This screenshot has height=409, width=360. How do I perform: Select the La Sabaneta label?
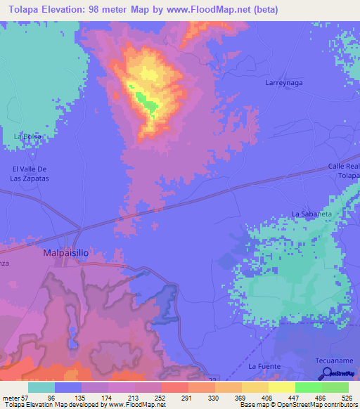click(x=311, y=213)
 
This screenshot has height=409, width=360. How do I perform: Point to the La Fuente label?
click(x=264, y=366)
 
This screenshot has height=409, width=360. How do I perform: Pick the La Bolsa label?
click(x=28, y=136)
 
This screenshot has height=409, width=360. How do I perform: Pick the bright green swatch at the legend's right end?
click(x=335, y=387)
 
